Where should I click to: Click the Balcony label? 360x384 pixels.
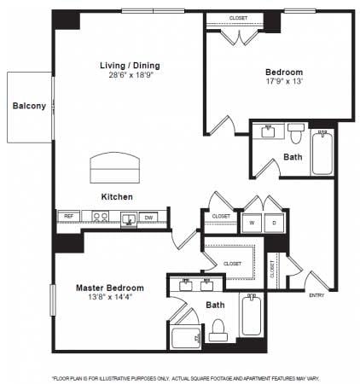tap(28, 107)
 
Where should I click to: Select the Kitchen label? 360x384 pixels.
tap(117, 196)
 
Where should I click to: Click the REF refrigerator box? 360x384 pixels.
tap(69, 217)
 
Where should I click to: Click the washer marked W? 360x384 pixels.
tap(253, 224)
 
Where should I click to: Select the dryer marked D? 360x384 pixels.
tap(274, 224)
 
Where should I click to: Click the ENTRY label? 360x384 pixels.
tap(317, 295)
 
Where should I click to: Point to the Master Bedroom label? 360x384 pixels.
tap(109, 288)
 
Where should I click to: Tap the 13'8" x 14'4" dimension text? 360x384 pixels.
tap(109, 298)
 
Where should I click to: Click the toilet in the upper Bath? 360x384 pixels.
tap(296, 134)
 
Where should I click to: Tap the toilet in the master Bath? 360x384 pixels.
tap(218, 329)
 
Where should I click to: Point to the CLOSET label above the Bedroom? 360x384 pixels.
tap(238, 18)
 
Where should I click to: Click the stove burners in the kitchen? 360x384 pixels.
tap(101, 217)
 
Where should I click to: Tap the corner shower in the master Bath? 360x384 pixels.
tap(186, 335)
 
